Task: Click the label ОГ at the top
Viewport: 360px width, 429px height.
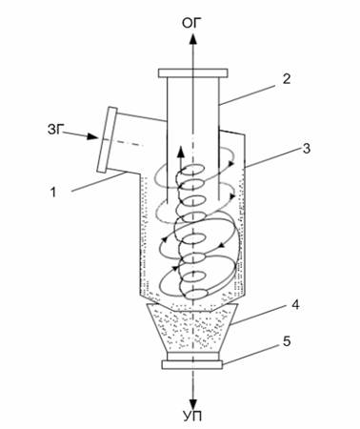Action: tap(191, 23)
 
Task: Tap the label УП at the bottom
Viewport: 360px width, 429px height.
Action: tap(192, 416)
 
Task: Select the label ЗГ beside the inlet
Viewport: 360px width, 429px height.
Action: tap(54, 130)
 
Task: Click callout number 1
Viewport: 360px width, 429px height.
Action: tap(53, 193)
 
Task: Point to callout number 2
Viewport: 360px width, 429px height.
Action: tap(287, 79)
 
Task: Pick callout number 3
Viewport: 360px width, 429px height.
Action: tap(306, 149)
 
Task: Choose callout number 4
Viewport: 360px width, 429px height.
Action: tap(295, 305)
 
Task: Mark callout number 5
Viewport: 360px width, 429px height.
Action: tap(287, 341)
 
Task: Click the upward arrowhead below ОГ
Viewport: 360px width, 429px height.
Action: tap(192, 39)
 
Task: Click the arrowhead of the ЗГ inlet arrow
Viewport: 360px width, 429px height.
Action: tap(92, 136)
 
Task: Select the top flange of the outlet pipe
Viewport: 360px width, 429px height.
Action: tap(192, 73)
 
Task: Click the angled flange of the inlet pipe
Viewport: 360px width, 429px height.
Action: tap(107, 140)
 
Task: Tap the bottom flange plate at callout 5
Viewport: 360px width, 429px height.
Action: tap(192, 365)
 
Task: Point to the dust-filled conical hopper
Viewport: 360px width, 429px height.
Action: tap(192, 328)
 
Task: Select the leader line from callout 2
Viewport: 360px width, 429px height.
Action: tap(248, 94)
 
